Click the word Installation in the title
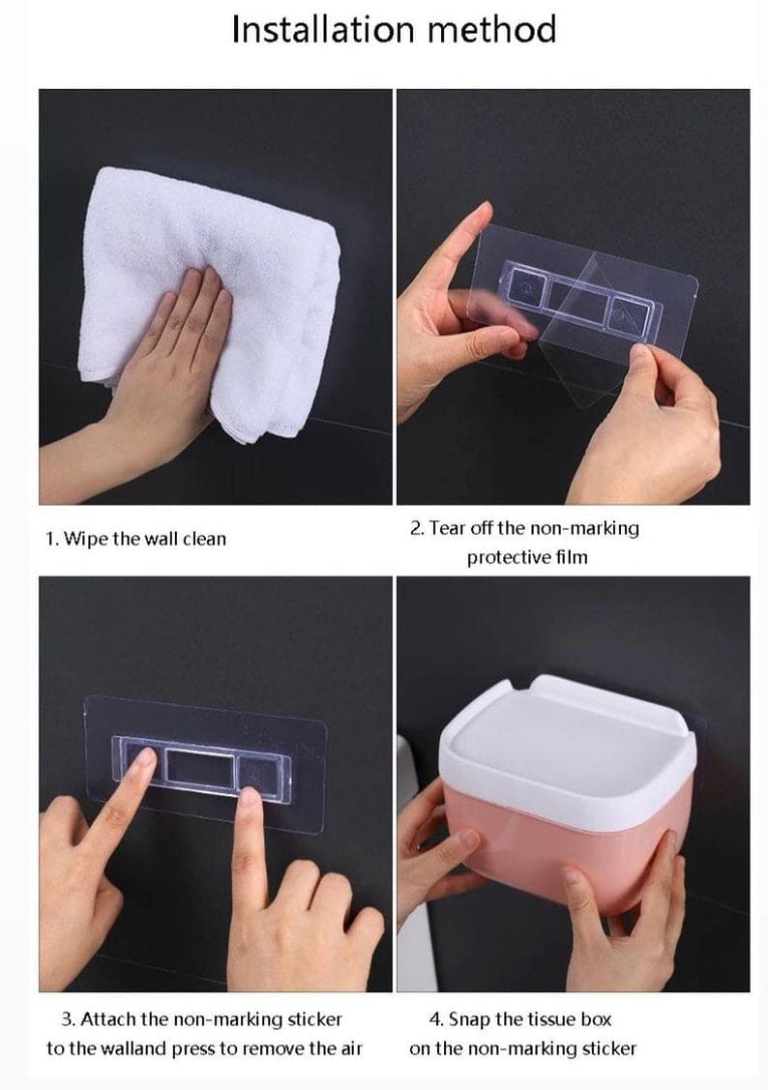(x=323, y=29)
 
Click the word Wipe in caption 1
(x=86, y=540)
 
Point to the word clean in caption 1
(x=204, y=539)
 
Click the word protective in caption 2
(x=507, y=557)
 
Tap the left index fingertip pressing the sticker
(x=144, y=757)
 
